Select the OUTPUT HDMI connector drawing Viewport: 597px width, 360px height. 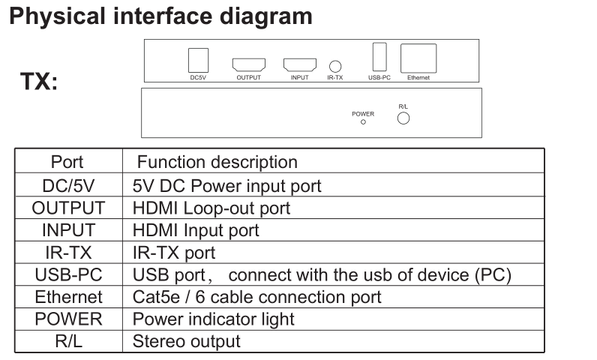tap(248, 64)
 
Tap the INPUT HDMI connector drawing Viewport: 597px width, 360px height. tap(299, 64)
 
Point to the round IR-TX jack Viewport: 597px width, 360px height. tap(335, 66)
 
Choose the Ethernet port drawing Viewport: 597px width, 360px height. tap(418, 59)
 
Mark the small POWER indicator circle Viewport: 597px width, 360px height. tap(363, 121)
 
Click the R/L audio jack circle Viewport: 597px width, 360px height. tap(403, 118)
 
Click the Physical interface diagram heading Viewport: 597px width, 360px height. tap(160, 16)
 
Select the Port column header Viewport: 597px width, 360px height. tap(67, 162)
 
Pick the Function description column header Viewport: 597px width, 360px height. tap(217, 162)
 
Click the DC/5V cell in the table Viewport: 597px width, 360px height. tap(67, 185)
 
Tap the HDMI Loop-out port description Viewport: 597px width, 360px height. tap(211, 208)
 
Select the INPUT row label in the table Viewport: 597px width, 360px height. tap(67, 230)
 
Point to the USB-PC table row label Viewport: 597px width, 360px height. tap(67, 275)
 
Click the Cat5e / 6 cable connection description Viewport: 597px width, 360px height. tap(256, 298)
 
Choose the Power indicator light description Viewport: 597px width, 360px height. tap(213, 319)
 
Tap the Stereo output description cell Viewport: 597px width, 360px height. tap(186, 342)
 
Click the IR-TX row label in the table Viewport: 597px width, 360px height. tap(67, 253)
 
